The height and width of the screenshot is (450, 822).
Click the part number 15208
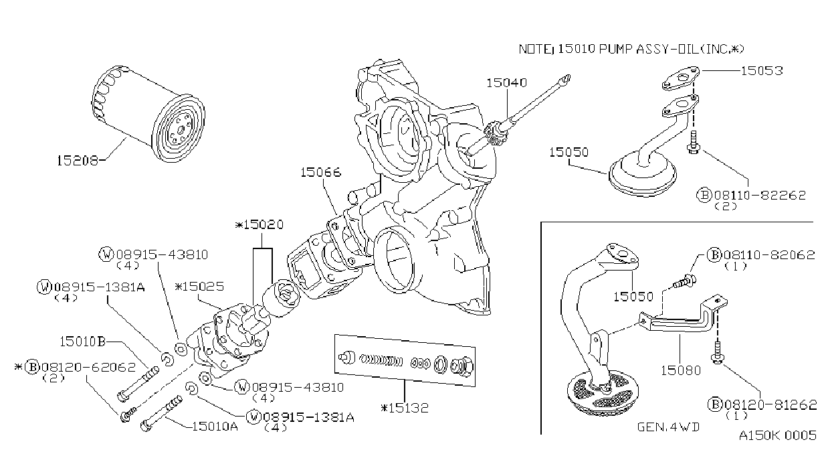(78, 161)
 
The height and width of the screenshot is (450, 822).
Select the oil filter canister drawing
(148, 113)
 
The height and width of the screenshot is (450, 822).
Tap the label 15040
(506, 82)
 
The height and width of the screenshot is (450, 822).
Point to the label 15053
(762, 70)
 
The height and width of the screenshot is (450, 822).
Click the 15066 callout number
(321, 172)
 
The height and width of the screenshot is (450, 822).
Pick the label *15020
(260, 224)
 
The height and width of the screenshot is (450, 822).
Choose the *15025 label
(199, 286)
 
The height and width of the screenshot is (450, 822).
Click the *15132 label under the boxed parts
(405, 408)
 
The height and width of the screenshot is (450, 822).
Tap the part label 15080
(681, 370)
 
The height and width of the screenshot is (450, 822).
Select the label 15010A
(215, 426)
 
